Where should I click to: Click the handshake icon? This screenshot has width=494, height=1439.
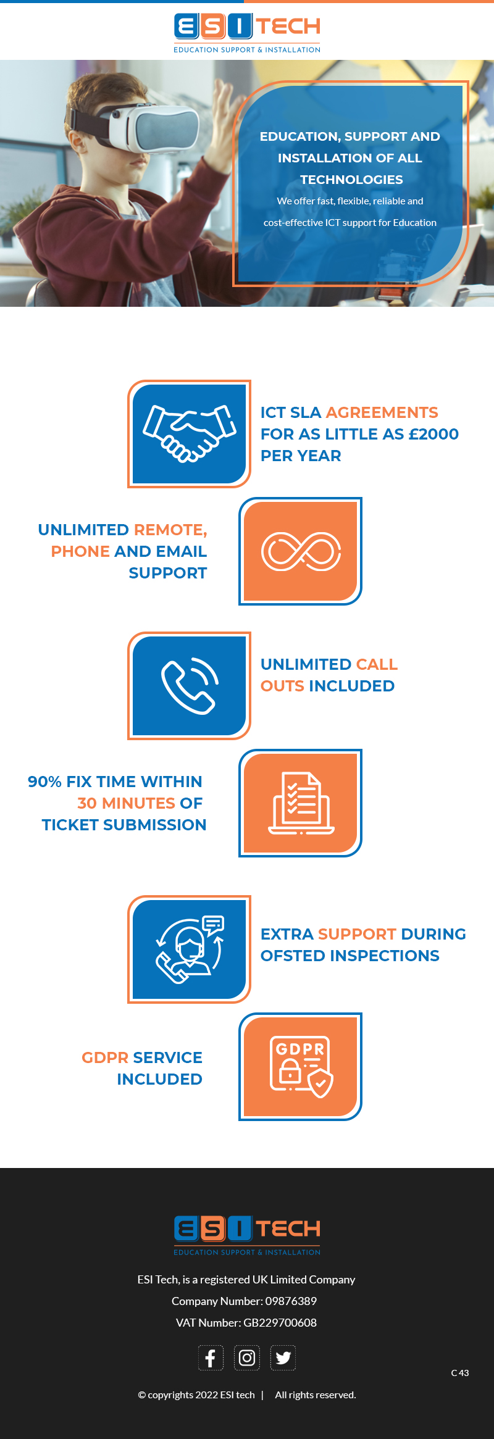(x=190, y=433)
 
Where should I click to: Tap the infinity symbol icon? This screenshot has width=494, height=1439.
(x=301, y=551)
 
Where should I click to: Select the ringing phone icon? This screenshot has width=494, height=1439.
(x=190, y=685)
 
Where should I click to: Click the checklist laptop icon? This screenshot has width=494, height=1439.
(x=301, y=803)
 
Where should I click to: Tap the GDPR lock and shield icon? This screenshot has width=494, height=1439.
(x=301, y=1067)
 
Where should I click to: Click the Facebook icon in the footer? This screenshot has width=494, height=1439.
(x=211, y=1358)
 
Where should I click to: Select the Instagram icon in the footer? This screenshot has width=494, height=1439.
(x=247, y=1358)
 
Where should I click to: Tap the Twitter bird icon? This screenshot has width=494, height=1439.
(x=283, y=1358)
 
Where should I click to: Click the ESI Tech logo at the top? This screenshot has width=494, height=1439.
(x=247, y=33)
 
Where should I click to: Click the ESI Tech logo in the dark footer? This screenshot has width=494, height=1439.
(x=247, y=1235)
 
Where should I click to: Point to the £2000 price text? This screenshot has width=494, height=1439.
(x=433, y=434)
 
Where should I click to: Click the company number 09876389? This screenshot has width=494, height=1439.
(x=291, y=1301)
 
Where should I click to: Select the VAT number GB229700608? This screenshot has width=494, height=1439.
(x=280, y=1323)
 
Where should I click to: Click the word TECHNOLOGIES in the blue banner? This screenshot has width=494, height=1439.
(x=351, y=180)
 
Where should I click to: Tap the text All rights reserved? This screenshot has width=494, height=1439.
(x=316, y=1395)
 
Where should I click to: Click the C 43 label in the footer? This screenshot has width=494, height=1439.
(x=460, y=1373)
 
